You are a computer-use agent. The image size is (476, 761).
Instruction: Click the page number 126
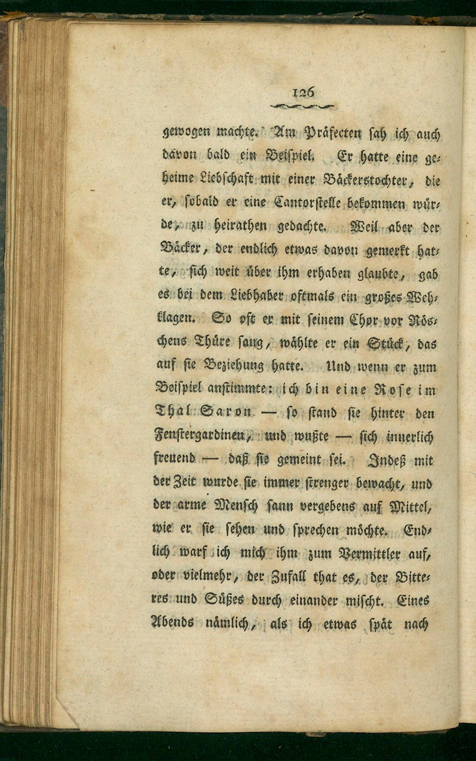(303, 92)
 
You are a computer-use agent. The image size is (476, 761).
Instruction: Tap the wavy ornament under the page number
(302, 106)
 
